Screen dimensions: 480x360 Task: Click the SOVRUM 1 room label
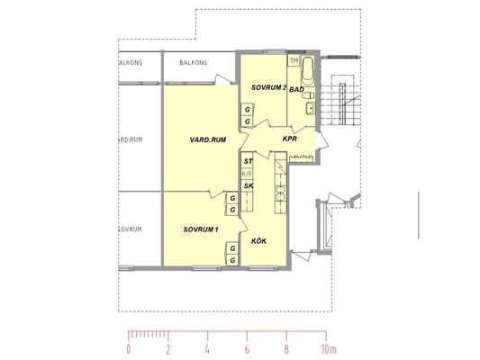coord(201,229)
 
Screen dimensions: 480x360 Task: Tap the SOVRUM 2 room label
coord(268,87)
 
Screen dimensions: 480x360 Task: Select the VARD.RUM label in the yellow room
coord(208,139)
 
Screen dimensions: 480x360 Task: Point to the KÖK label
coord(258,241)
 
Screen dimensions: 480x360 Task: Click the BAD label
coord(296,89)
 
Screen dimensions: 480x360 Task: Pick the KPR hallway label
coord(290,139)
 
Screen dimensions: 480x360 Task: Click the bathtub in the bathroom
coord(308,71)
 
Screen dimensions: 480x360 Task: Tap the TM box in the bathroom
coord(294,61)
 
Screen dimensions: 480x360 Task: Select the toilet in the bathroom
coord(308,95)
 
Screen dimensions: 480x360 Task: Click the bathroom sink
coord(311,108)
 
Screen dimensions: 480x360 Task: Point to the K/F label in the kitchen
coord(247,174)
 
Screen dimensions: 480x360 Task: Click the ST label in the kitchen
coord(248,161)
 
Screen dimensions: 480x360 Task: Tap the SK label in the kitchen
coord(249,185)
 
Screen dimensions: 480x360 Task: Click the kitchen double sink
coord(280,193)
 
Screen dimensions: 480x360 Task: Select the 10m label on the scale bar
coord(329,349)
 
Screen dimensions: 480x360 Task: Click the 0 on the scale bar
coord(129,349)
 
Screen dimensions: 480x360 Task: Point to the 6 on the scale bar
coord(247,349)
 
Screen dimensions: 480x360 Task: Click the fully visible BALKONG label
coord(193,63)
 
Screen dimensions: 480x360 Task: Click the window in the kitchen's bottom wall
coord(263,268)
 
